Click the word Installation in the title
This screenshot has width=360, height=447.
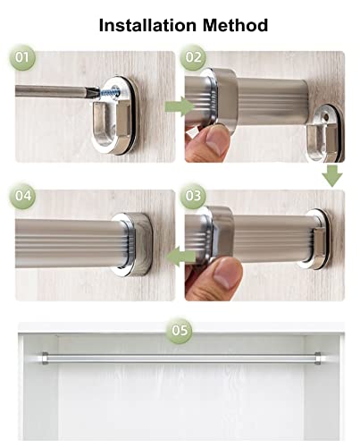(147, 25)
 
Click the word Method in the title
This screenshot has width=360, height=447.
(235, 25)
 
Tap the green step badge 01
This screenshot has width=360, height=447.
(22, 57)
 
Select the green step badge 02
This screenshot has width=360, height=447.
(193, 57)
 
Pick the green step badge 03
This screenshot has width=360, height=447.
(193, 196)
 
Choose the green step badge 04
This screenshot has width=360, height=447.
(22, 196)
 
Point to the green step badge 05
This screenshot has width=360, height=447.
(180, 330)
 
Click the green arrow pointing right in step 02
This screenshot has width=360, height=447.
(180, 106)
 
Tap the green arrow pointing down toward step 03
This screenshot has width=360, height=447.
(332, 176)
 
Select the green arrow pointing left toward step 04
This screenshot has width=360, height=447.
(181, 257)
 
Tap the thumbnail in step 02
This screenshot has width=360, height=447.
(216, 141)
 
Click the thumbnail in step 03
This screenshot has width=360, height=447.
(225, 274)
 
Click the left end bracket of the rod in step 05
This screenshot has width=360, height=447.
(45, 358)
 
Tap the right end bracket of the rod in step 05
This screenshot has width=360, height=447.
(317, 358)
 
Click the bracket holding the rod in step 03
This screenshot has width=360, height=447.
(316, 239)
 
